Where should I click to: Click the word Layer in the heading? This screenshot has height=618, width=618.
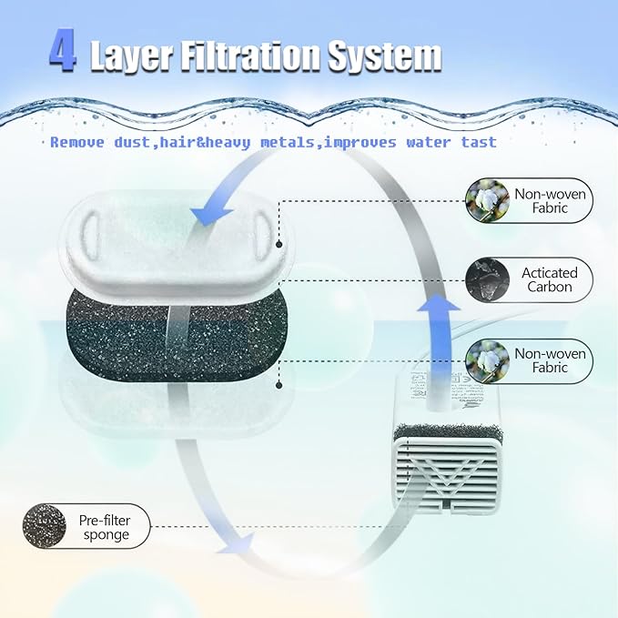132,57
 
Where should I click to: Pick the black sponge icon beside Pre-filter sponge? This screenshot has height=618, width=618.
43,526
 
